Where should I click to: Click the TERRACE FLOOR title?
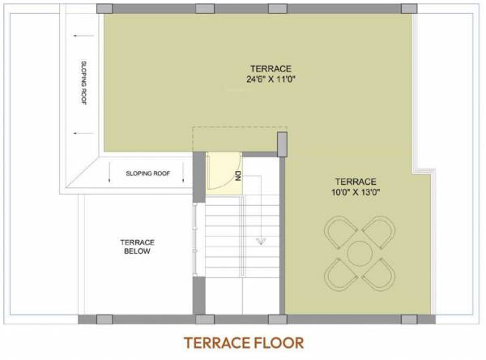tap(243, 342)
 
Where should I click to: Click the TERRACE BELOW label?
tap(137, 246)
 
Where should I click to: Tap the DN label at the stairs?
tap(237, 175)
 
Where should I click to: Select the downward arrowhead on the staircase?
tap(261, 241)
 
